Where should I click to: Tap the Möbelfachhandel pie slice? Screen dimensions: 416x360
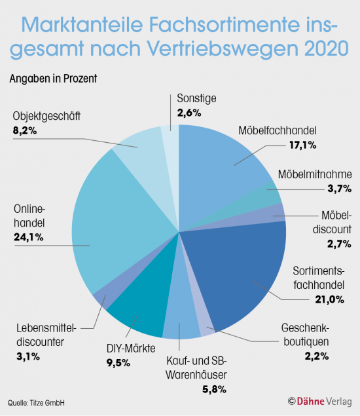[x=223, y=157]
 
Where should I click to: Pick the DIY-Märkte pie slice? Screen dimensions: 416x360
[x=137, y=314]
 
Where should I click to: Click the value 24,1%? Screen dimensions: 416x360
[x=28, y=237]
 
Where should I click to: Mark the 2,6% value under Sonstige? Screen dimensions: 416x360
[x=190, y=112]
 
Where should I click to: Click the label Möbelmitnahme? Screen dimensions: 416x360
[x=315, y=175]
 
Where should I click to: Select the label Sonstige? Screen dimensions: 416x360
[x=196, y=99]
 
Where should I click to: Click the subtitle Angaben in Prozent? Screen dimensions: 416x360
[x=53, y=79]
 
